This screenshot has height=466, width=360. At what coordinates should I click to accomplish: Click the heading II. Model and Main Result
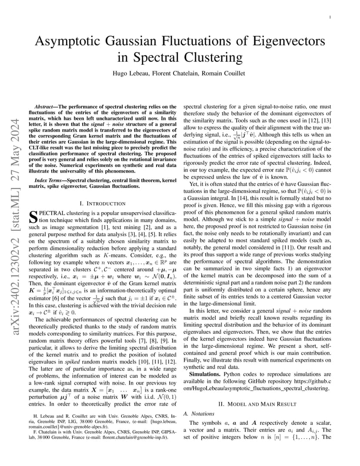pyautogui.click(x=257, y=404)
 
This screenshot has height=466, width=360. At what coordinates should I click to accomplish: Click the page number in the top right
pyautogui.click(x=330, y=17)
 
